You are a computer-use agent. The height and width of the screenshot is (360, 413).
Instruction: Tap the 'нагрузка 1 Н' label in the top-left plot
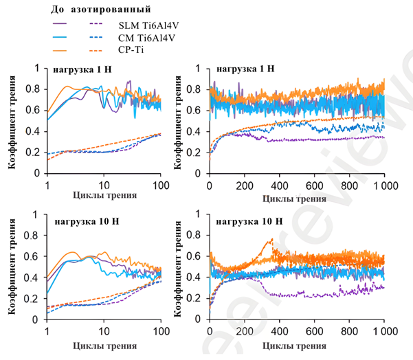click(x=79, y=69)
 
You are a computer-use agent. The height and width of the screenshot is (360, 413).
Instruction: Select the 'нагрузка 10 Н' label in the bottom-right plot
click(x=248, y=221)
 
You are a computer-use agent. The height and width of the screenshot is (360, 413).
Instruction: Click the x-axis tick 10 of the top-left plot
click(x=104, y=185)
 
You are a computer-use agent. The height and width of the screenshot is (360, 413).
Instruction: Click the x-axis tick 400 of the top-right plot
click(x=279, y=185)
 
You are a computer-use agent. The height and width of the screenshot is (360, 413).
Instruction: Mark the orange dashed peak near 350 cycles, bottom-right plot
click(x=271, y=239)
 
